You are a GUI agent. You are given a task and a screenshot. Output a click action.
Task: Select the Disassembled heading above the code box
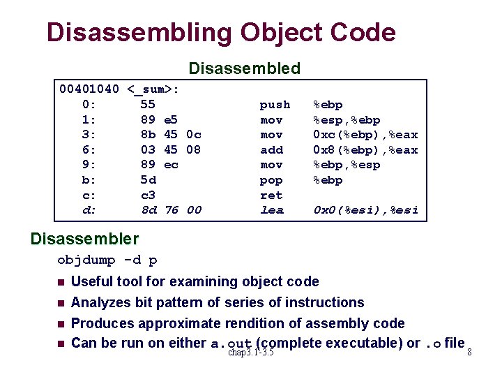244,68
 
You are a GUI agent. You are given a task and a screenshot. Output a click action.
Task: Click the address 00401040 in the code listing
89,89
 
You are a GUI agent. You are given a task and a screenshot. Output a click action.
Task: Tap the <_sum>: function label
154,89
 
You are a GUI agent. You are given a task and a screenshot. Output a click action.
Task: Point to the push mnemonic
275,105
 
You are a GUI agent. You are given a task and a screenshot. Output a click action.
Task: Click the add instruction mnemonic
271,150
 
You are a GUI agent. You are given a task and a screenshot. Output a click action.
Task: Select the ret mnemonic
271,195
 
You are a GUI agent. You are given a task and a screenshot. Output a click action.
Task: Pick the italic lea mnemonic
271,210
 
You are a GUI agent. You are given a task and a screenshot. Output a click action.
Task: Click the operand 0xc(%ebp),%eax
365,135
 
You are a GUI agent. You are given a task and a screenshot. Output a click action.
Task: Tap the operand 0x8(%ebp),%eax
365,150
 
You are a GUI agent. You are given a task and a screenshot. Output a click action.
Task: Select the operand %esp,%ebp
347,120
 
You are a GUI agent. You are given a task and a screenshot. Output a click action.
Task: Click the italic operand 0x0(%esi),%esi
365,210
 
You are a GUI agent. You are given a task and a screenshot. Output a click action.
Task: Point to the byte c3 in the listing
148,195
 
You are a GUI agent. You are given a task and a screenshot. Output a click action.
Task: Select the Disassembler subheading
84,239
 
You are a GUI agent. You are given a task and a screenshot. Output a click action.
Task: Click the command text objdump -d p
107,260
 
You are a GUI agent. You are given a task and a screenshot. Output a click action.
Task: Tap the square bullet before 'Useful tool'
61,283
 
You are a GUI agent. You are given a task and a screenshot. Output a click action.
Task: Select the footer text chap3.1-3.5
251,353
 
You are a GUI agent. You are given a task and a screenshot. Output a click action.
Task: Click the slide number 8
469,353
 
